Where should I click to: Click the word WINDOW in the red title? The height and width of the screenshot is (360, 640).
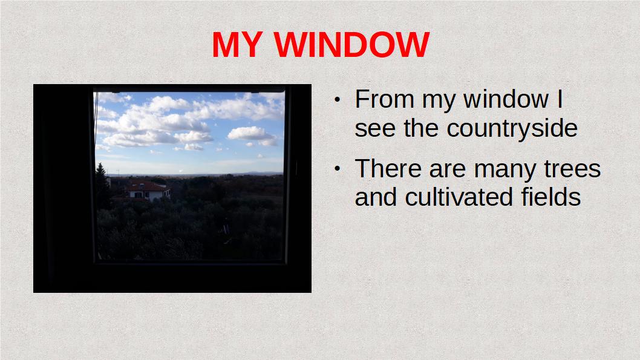coord(351,45)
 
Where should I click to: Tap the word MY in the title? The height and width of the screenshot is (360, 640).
coord(237,45)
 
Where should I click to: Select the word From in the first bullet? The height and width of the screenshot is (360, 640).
coord(385,99)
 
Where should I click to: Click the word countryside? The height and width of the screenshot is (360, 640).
coord(512,129)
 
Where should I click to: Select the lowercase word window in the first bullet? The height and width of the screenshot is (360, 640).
coord(506,99)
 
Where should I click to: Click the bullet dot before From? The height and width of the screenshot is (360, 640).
coord(337,100)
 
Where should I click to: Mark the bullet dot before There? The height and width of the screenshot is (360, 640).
coord(337,168)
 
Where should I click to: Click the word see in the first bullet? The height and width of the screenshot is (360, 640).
coord(375,130)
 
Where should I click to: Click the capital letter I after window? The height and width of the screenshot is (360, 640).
coord(560,99)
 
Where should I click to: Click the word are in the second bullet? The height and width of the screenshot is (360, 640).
coord(448,170)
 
